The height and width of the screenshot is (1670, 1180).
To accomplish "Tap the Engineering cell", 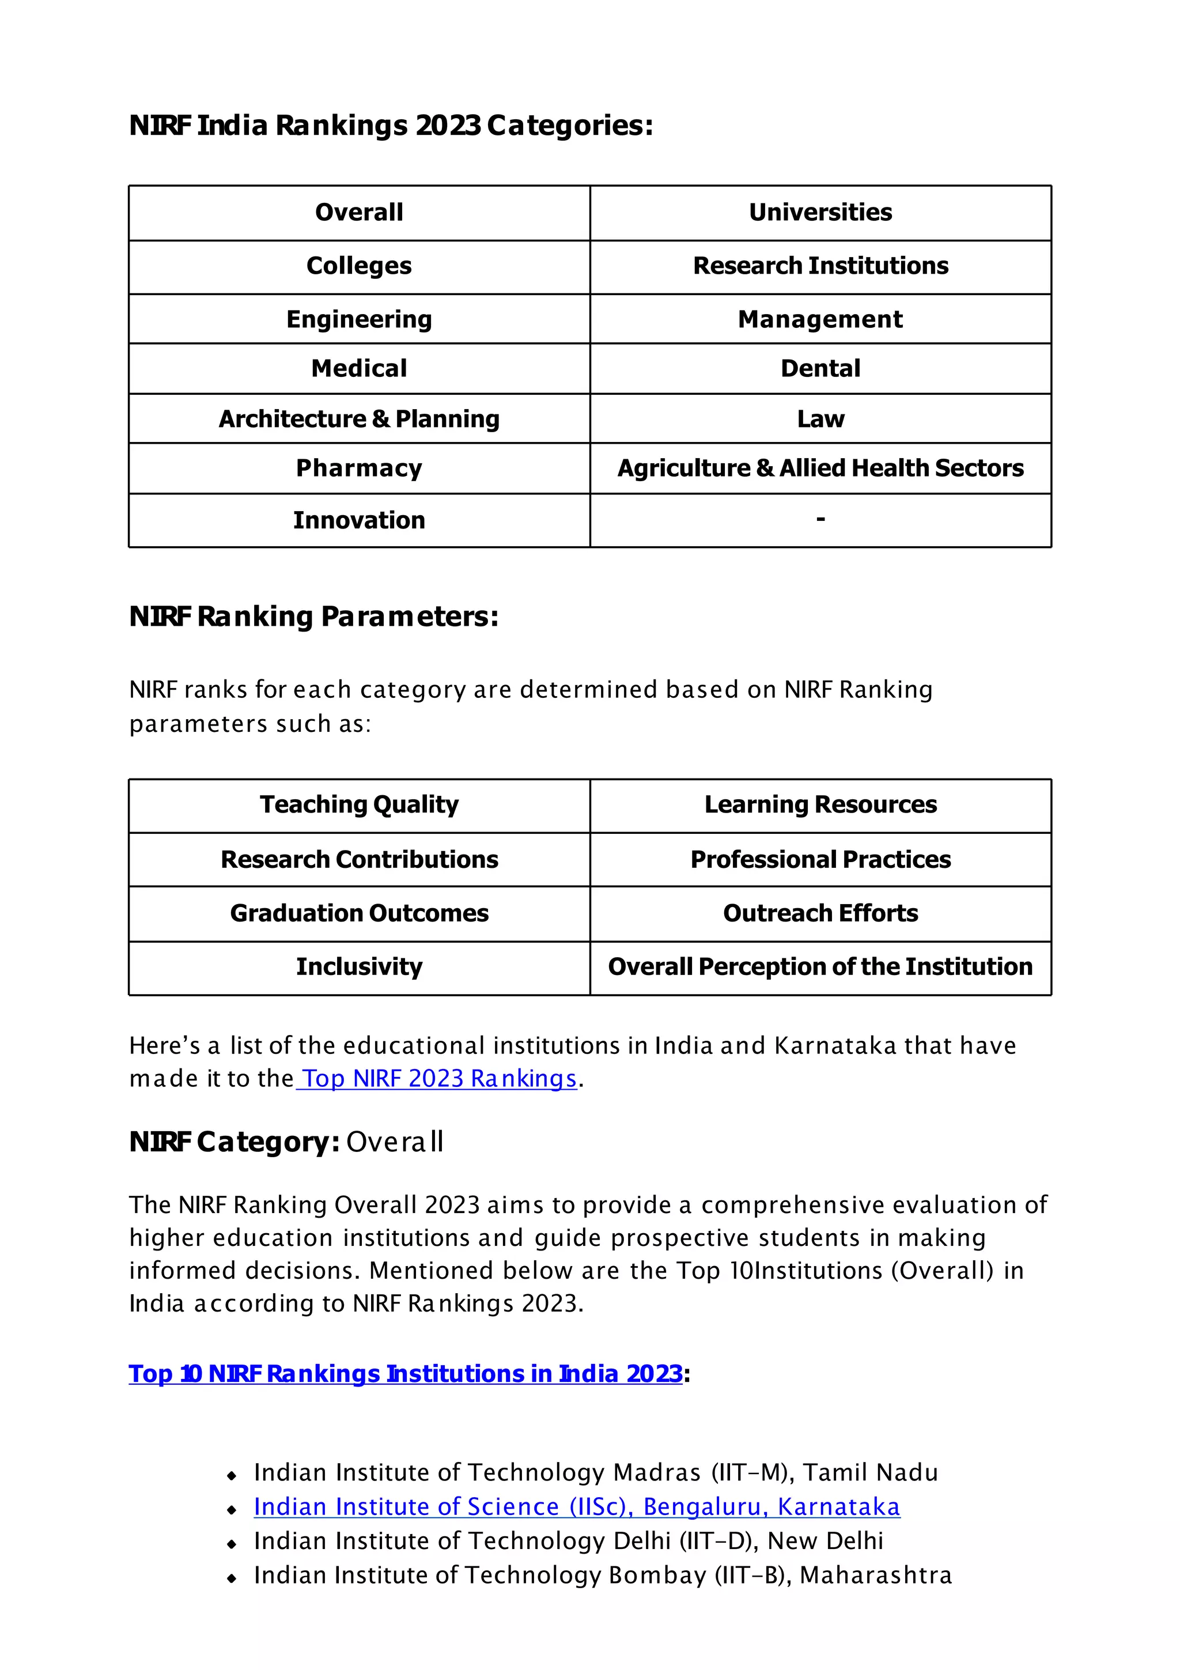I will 359,319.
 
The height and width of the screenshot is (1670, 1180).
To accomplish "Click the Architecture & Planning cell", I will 359,419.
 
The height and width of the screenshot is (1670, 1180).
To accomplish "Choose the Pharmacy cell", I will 359,468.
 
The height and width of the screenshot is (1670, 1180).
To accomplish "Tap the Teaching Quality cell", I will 359,804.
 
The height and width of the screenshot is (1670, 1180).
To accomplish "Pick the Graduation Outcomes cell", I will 359,913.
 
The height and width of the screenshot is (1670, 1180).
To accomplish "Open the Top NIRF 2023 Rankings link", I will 439,1079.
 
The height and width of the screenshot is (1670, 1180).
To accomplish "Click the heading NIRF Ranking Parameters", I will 313,617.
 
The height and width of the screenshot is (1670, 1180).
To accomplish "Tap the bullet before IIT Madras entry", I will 231,1476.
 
